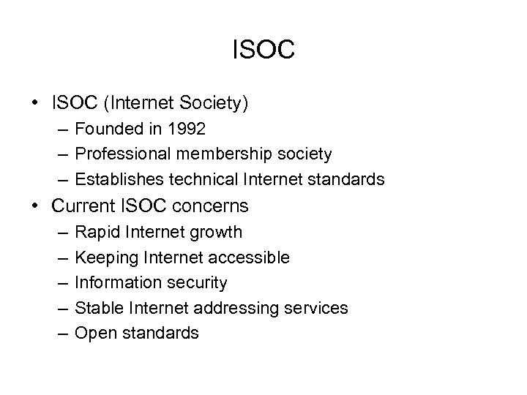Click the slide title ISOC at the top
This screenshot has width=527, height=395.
263,50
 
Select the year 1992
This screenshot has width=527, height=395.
186,129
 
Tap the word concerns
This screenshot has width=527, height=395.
217,207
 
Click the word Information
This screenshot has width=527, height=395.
116,282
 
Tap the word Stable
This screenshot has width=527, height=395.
99,308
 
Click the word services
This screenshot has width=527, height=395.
316,308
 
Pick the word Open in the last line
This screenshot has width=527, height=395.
93,334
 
